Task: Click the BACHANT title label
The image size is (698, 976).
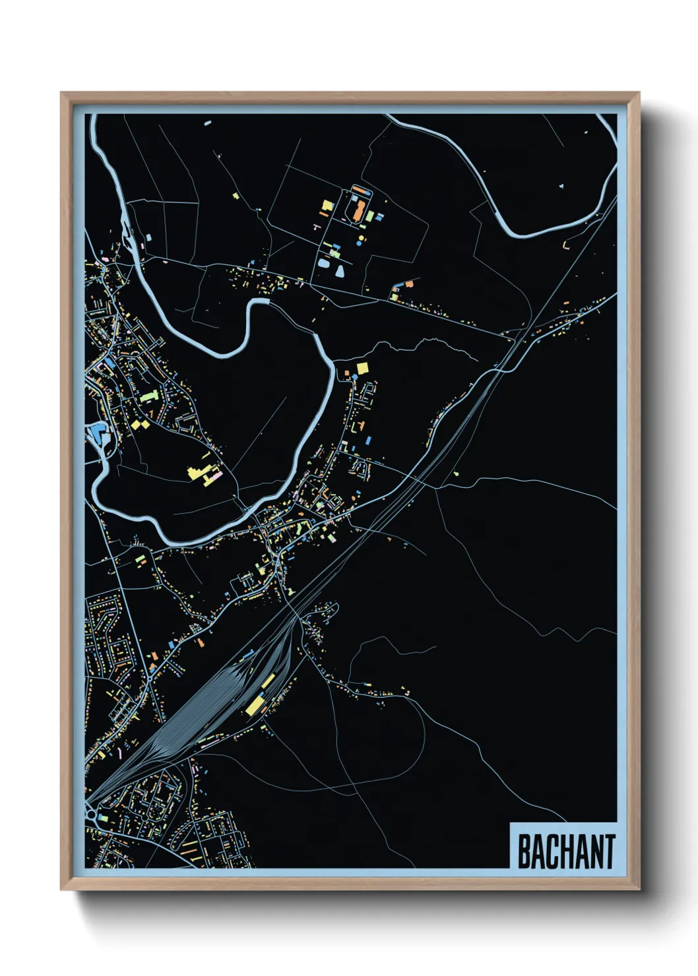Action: pyautogui.click(x=565, y=851)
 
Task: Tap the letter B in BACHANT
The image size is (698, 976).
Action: pyautogui.click(x=524, y=852)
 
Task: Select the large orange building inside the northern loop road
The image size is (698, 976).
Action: pyautogui.click(x=357, y=210)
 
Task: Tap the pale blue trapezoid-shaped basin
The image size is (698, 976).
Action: pyautogui.click(x=339, y=270)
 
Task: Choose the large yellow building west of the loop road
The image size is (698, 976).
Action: pyautogui.click(x=327, y=206)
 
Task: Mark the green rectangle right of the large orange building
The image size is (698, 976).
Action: pyautogui.click(x=370, y=216)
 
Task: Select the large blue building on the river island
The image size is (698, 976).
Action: pyautogui.click(x=100, y=433)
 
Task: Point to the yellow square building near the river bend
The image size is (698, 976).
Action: pyautogui.click(x=362, y=368)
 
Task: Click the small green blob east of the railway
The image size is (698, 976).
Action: pyautogui.click(x=456, y=473)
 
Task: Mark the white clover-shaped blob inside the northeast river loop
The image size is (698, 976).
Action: pyautogui.click(x=561, y=187)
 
